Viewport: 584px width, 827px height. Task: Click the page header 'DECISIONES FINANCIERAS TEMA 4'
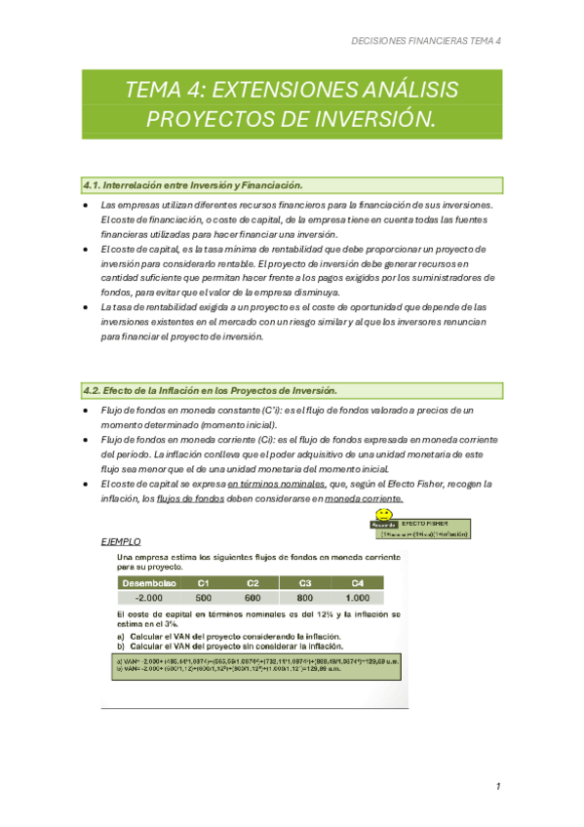(425, 42)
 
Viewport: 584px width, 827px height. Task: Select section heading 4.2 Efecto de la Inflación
(210, 390)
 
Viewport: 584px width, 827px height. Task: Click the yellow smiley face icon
(385, 514)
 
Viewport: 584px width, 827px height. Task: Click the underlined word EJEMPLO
(121, 541)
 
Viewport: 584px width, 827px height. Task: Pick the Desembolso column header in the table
(147, 582)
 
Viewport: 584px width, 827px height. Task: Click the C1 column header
(204, 582)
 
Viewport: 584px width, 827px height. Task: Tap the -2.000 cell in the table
(147, 598)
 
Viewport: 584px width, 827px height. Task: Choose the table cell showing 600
(253, 598)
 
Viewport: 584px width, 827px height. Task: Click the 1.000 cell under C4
(358, 598)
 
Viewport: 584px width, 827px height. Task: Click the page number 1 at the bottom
(497, 786)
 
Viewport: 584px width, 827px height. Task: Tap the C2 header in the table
(253, 582)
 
